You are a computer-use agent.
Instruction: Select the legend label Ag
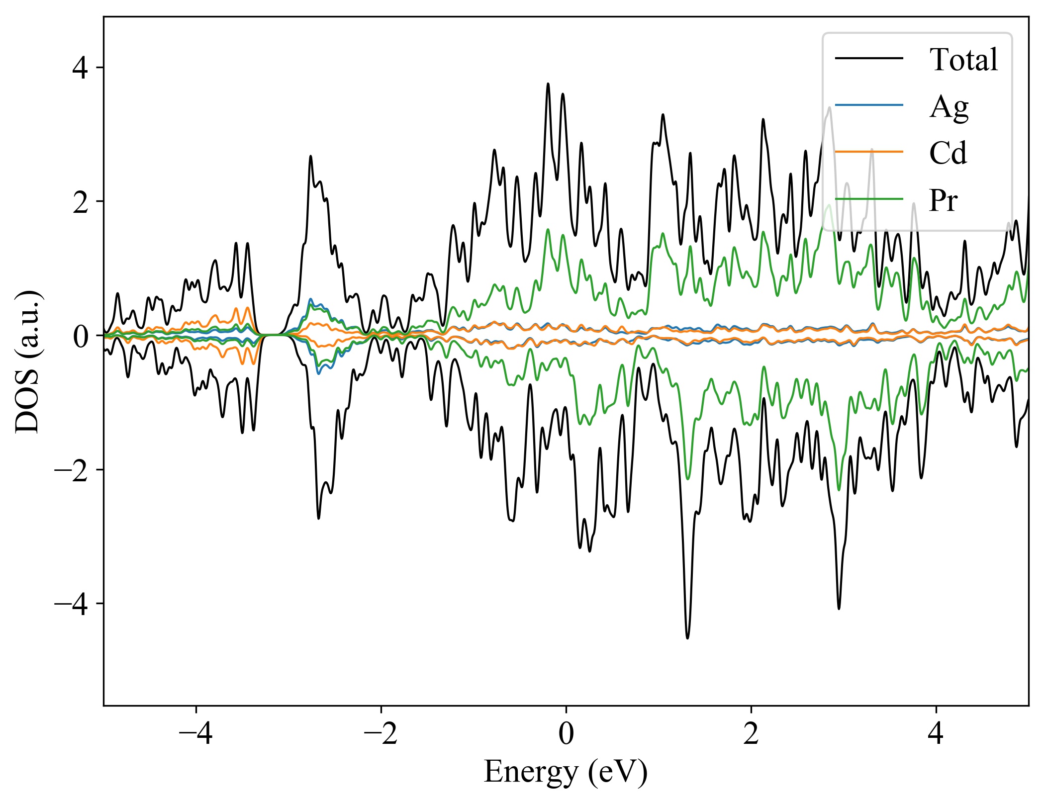coord(949,106)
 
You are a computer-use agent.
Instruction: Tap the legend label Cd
coord(948,153)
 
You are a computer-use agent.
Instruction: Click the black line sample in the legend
coord(869,58)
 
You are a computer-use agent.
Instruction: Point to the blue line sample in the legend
coord(869,105)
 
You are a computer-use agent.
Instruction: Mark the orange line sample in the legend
coord(869,151)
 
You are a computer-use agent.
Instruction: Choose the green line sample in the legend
coord(869,199)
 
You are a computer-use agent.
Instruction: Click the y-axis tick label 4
coord(80,68)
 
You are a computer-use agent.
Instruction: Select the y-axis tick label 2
coord(80,202)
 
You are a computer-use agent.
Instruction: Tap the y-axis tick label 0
coord(80,336)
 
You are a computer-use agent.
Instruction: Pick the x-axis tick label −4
coord(196,733)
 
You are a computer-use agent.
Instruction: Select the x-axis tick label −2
coord(381,733)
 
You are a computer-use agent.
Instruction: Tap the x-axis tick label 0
coord(566,733)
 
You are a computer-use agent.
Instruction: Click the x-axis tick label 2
coord(751,733)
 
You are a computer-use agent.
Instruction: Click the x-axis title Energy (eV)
coord(566,772)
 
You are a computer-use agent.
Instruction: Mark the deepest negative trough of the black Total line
coord(687,637)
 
